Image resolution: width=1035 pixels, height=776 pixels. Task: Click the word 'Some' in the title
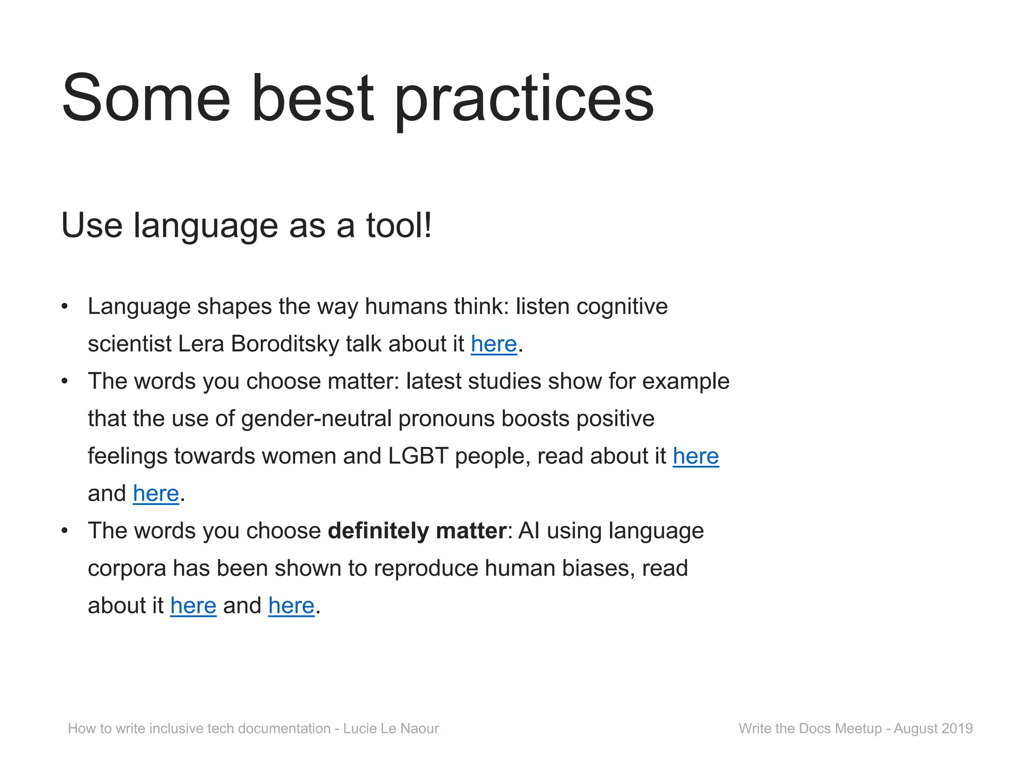(146, 99)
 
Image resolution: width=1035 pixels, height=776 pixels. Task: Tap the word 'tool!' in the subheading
(399, 225)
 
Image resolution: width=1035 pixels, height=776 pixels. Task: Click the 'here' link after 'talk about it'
(494, 344)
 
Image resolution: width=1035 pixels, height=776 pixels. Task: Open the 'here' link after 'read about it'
(695, 456)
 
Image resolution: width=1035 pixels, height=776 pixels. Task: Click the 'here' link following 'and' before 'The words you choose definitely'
(156, 494)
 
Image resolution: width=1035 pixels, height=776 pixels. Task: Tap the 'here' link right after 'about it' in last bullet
(193, 606)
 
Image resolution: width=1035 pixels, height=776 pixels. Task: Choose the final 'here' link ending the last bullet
(291, 606)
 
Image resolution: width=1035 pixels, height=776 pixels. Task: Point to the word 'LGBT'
(418, 456)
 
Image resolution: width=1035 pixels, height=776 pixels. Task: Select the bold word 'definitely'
(378, 531)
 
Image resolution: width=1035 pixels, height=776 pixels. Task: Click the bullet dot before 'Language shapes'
(64, 307)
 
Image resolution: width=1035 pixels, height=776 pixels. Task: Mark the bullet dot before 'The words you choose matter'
(64, 381)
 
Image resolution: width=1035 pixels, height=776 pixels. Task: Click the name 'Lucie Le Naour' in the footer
(391, 729)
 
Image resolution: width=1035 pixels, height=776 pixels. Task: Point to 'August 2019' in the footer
(933, 729)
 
